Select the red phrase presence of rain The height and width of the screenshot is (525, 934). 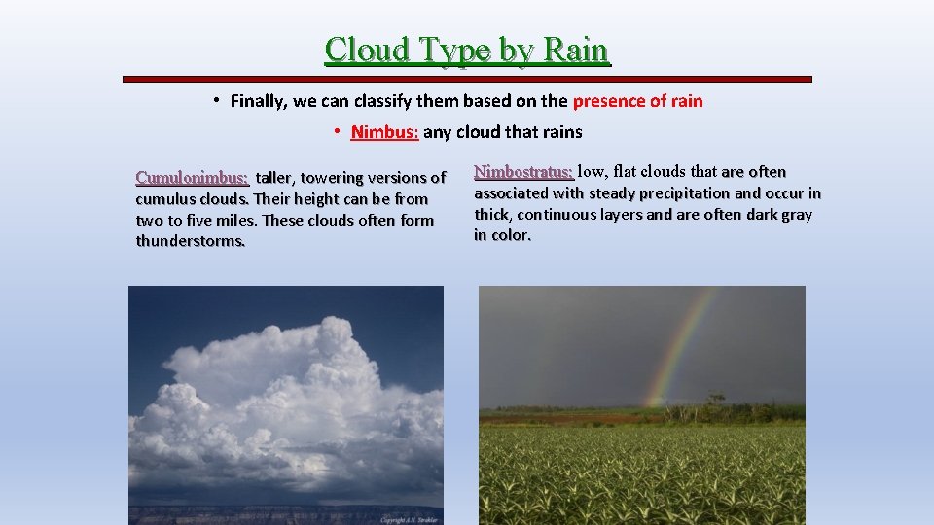(637, 101)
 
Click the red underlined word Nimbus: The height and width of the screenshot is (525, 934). (384, 132)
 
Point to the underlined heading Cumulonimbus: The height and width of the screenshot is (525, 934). (192, 178)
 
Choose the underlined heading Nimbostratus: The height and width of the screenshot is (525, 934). (523, 172)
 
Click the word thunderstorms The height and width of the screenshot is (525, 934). (191, 241)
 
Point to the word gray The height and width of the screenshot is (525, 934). (795, 215)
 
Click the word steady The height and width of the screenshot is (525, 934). (614, 193)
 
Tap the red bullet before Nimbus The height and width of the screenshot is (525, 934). (335, 131)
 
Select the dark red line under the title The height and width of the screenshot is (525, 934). (467, 79)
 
